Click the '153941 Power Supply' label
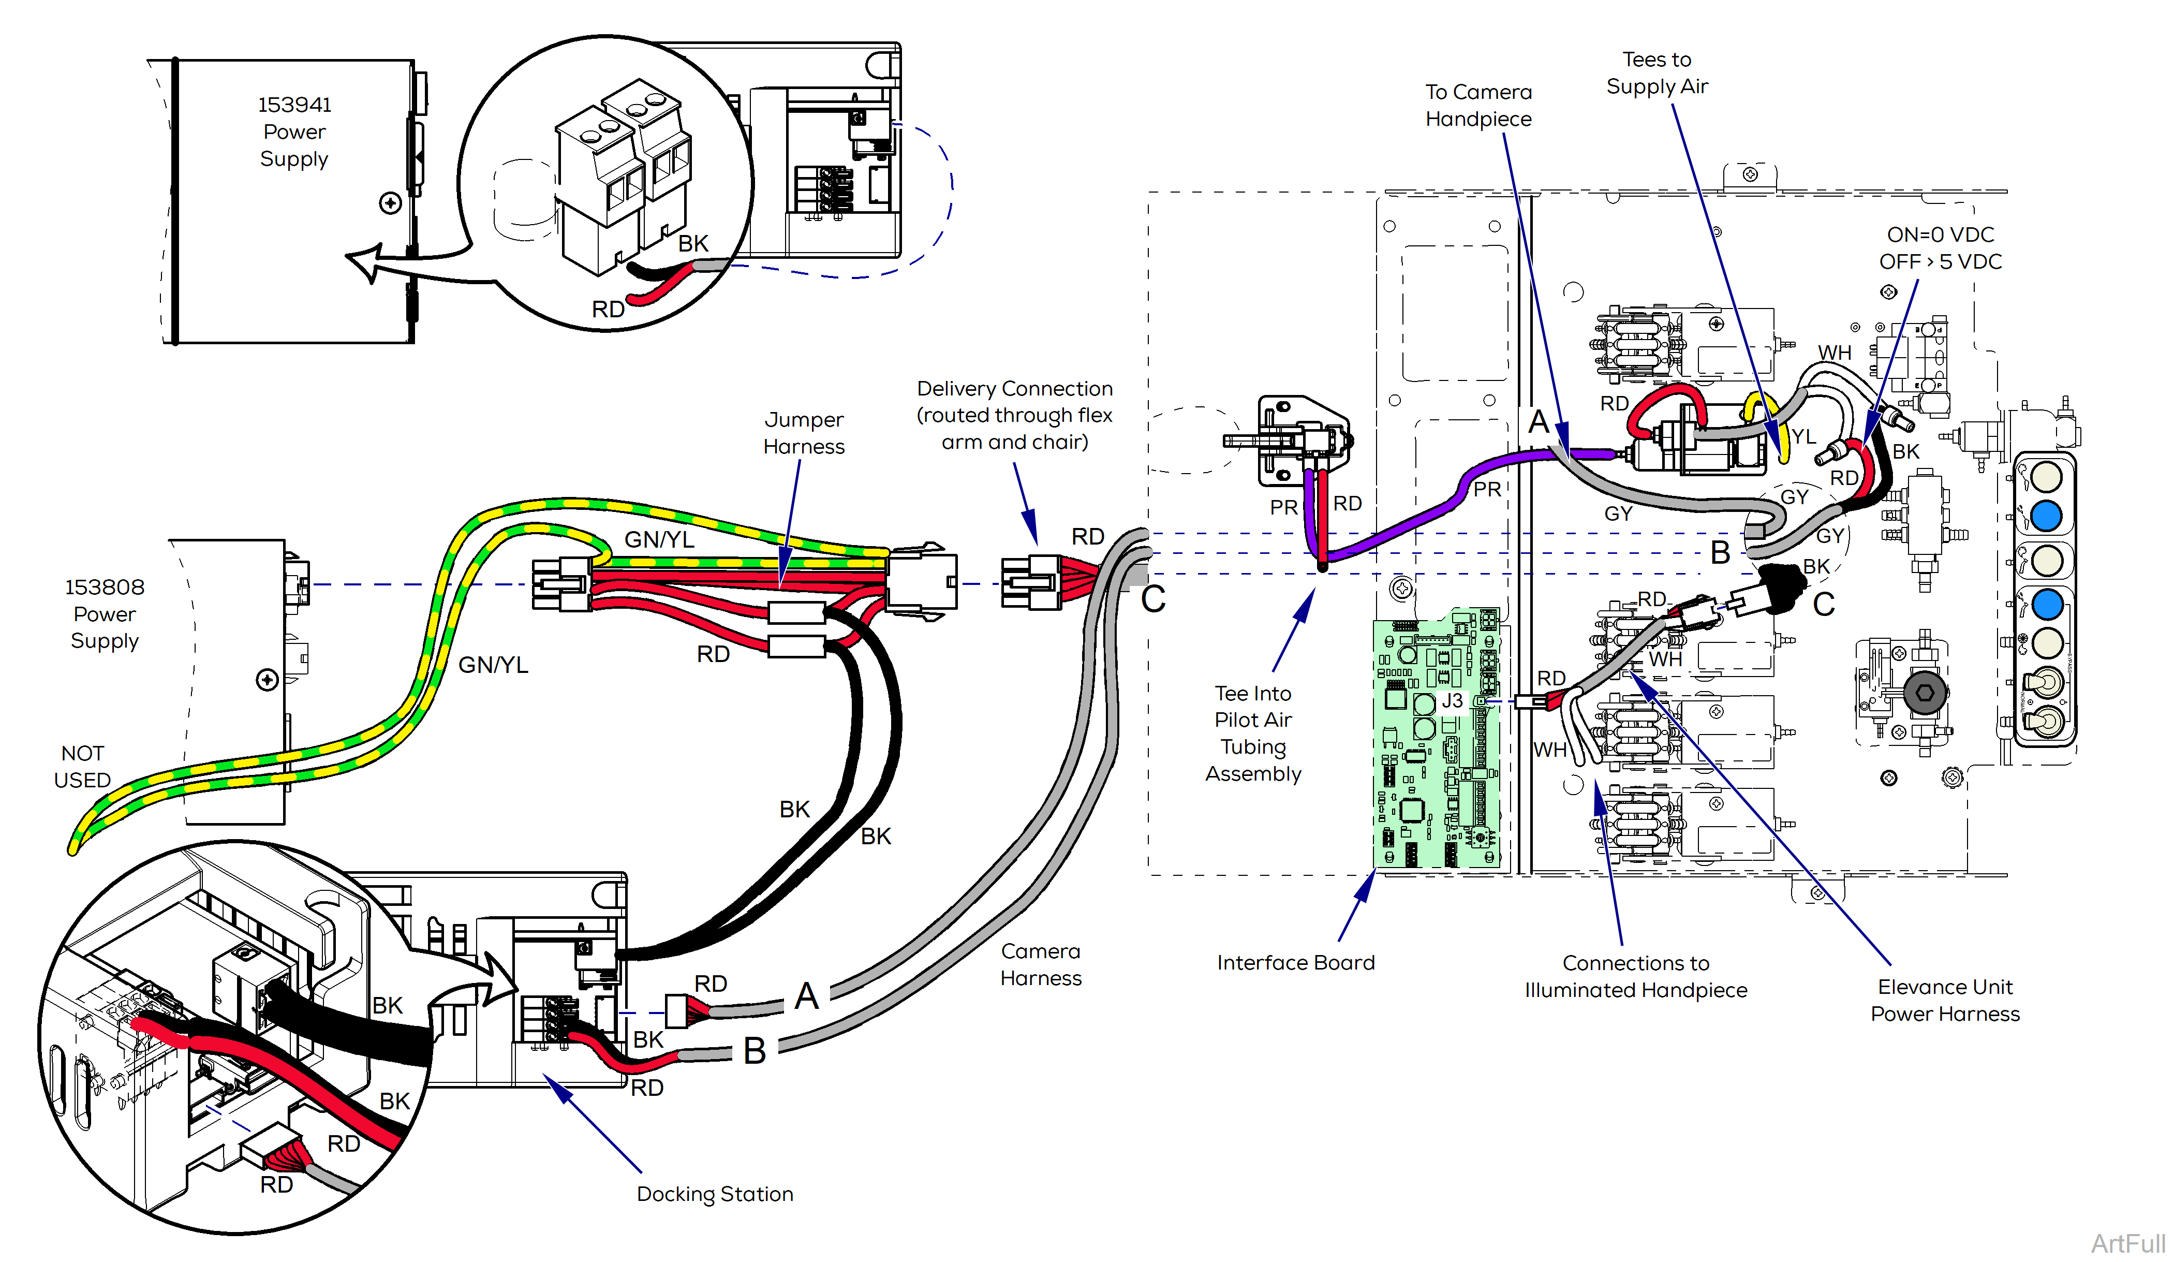[294, 132]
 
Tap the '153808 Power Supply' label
[105, 614]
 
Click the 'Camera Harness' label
[1040, 964]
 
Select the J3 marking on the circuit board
[1452, 700]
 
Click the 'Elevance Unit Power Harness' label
[1945, 1000]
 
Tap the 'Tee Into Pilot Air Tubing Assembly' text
[1253, 733]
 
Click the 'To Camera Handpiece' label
[1478, 105]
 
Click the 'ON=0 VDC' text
[1940, 235]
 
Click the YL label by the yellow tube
[1803, 437]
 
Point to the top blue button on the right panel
[2046, 516]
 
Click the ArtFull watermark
[2127, 1243]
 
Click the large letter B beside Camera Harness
[754, 1050]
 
